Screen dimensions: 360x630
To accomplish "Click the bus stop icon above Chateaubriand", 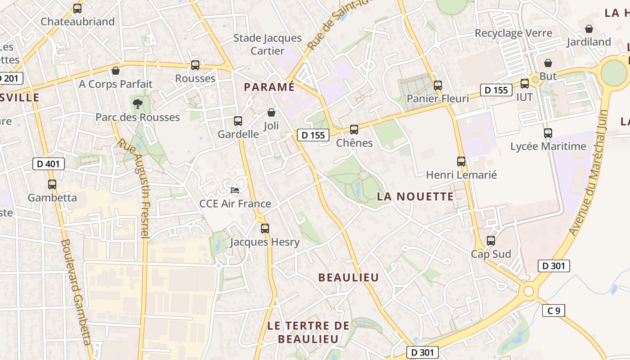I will point(77,8).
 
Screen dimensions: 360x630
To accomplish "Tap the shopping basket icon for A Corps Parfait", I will point(116,71).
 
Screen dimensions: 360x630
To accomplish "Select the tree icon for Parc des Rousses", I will point(137,104).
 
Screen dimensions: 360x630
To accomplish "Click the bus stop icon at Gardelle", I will point(238,121).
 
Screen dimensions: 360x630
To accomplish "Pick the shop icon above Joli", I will point(271,112).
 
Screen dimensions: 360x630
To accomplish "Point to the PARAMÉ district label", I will point(269,87).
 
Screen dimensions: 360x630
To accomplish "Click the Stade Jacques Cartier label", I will point(267,44).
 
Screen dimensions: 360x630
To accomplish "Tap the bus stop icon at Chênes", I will point(354,130).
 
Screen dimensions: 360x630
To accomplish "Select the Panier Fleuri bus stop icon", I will point(438,85).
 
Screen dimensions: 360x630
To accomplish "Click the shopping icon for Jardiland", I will point(589,29).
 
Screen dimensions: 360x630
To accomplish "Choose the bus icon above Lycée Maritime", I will point(548,133).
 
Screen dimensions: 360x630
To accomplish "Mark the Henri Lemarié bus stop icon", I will point(461,161).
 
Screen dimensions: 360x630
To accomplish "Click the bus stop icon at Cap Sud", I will point(491,241).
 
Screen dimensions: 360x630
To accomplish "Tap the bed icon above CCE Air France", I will point(235,190).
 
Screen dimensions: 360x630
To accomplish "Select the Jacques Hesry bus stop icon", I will point(265,229).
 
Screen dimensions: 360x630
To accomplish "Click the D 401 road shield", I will point(49,164).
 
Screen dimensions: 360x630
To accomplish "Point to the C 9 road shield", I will point(553,310).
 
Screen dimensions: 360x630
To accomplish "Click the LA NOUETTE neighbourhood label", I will point(415,196).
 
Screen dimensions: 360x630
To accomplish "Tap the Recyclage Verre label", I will point(513,33).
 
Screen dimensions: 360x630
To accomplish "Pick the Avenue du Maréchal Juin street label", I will point(589,172).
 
